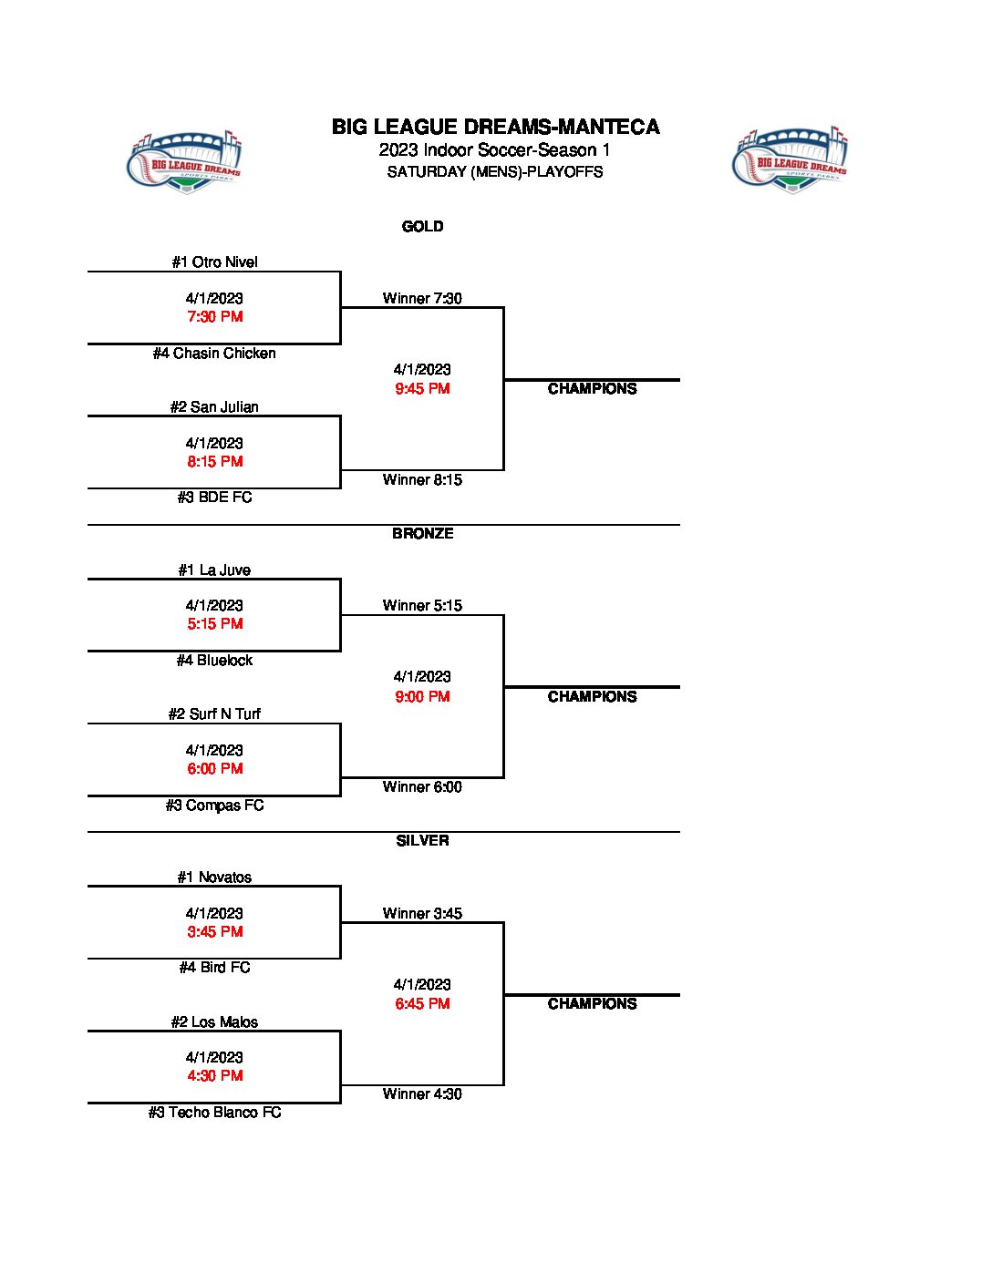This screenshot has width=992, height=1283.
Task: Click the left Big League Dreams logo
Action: [183, 161]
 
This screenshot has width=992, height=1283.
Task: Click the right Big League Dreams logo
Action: [790, 160]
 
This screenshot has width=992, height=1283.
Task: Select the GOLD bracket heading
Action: [422, 227]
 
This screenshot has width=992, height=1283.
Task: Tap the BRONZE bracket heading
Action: [422, 534]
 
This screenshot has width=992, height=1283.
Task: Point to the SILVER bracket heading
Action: [422, 841]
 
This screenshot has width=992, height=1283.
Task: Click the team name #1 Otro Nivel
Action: [214, 262]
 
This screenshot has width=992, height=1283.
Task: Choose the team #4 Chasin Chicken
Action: [214, 354]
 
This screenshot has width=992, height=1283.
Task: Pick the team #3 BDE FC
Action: [214, 498]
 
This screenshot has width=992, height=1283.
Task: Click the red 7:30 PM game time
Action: [214, 317]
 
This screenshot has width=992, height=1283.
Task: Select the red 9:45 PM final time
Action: [422, 389]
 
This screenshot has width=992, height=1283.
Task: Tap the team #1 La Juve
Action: [214, 570]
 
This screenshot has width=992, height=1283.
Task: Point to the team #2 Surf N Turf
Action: [214, 714]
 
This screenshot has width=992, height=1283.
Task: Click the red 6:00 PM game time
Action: [214, 769]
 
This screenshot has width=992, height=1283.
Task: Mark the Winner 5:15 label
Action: [422, 606]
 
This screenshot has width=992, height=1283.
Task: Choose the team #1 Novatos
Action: [214, 878]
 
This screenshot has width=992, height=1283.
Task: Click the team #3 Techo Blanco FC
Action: [214, 1113]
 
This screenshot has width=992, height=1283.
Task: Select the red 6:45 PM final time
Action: [422, 1004]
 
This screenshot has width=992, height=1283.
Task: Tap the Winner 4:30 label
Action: [422, 1094]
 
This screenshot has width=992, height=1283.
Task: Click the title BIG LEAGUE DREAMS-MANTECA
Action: [495, 128]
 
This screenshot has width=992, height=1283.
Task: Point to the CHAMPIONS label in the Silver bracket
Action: [592, 1004]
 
